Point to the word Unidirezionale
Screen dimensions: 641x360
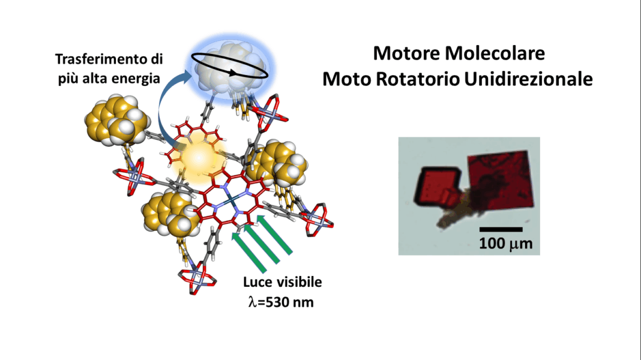529,79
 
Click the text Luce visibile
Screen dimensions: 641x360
283,282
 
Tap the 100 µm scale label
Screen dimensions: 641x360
506,244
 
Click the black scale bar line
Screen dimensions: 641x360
501,229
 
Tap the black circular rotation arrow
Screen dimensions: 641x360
230,66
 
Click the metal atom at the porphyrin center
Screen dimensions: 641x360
231,199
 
